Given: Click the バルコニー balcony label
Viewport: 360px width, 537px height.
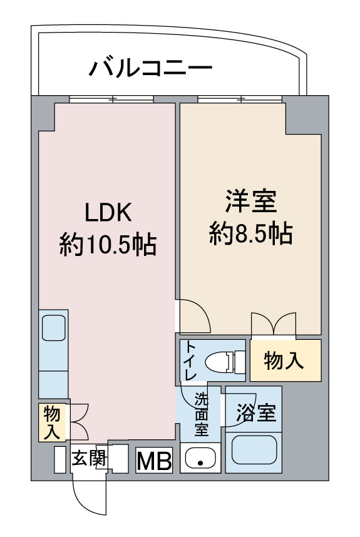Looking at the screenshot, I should click(x=150, y=68).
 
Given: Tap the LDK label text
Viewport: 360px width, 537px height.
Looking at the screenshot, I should click(x=108, y=213).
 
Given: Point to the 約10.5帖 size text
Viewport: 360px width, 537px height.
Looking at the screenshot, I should click(x=108, y=244).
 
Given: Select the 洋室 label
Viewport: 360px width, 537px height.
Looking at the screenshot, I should click(x=250, y=204).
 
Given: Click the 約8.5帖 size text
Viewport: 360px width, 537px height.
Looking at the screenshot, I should click(x=250, y=234).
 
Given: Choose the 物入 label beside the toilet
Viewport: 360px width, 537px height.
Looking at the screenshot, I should click(x=285, y=361).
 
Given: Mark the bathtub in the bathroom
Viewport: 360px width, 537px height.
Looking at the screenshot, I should click(x=255, y=450).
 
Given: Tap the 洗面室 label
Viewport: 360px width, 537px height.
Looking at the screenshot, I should click(x=200, y=414).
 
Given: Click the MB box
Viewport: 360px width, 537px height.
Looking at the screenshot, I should click(x=154, y=461).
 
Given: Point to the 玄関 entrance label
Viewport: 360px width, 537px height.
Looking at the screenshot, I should click(x=87, y=459).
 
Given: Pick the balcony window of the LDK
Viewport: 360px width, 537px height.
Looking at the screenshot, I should click(x=111, y=99).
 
